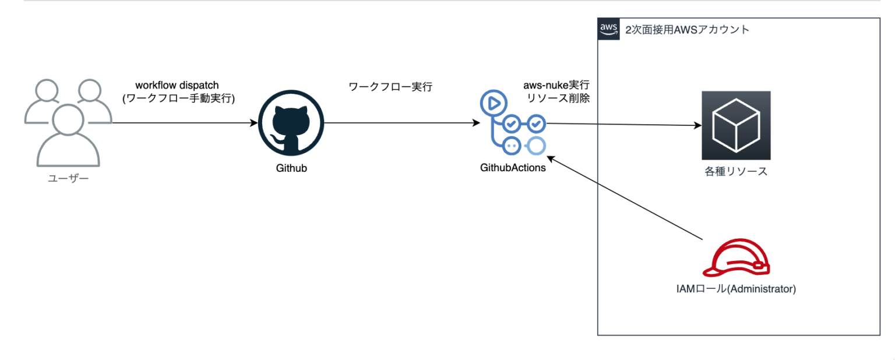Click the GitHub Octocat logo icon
coord(290,124)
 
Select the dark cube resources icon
coord(735,125)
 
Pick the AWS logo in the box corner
coord(608,29)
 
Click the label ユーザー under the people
coord(68,178)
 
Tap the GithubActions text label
coord(513,168)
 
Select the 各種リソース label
coord(735,171)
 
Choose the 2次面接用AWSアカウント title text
coord(687,30)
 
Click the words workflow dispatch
coord(177,85)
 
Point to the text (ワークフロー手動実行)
coord(177,98)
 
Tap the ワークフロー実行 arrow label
coord(390,87)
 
